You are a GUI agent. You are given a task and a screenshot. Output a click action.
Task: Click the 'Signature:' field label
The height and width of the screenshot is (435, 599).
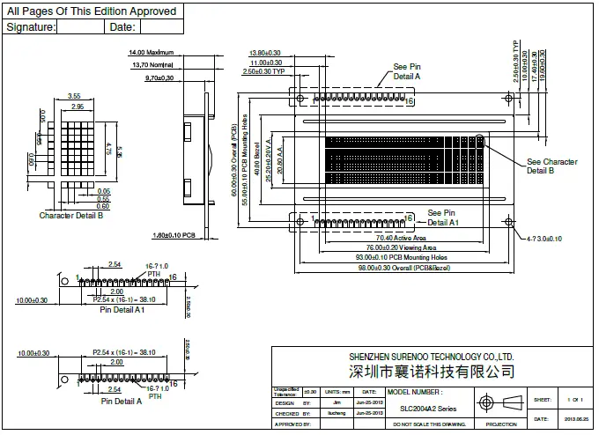pos(32,27)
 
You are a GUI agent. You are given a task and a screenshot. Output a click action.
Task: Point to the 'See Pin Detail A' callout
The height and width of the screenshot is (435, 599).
pos(406,71)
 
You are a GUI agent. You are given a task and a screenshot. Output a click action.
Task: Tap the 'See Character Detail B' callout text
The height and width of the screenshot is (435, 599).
pos(551,166)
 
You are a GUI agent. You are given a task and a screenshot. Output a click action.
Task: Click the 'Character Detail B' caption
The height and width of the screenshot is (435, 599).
pos(71,215)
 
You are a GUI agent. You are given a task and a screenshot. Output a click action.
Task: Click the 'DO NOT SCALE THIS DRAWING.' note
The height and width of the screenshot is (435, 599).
pos(427,424)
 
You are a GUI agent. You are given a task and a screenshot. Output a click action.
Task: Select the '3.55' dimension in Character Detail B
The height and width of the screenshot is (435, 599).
pos(74,96)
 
